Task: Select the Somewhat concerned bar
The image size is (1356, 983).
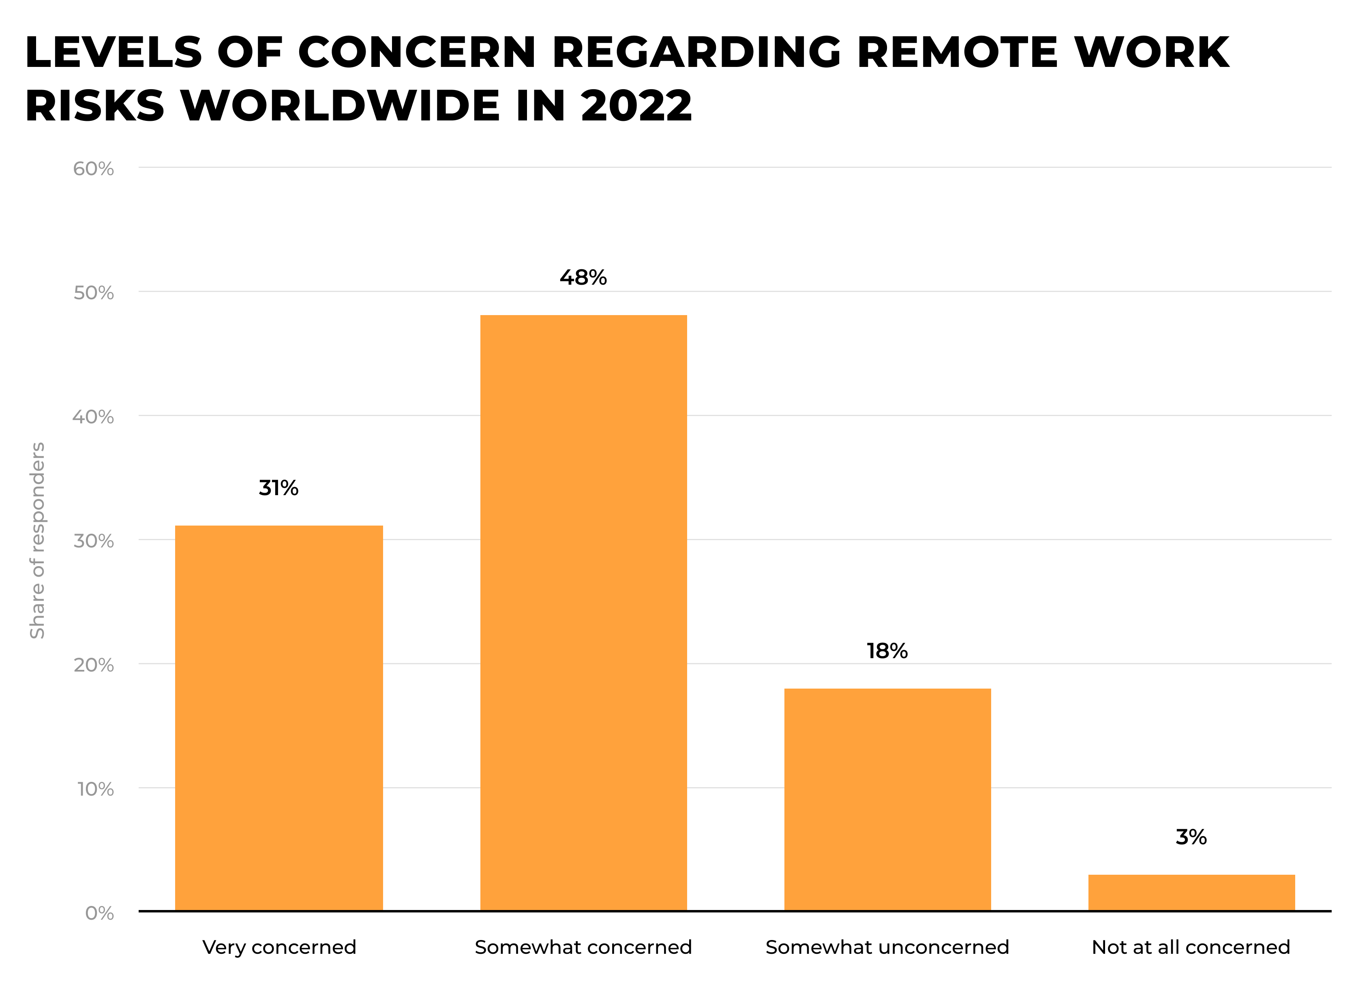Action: [x=583, y=612]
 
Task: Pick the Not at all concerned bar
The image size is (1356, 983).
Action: [x=1191, y=892]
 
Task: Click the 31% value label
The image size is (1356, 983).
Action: [x=278, y=488]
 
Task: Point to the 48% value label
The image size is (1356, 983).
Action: [x=583, y=277]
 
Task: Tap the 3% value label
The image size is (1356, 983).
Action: [x=1191, y=837]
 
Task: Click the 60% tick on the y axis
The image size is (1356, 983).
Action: [x=93, y=169]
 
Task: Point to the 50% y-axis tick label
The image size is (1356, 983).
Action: [x=93, y=293]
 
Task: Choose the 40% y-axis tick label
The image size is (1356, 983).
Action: [x=93, y=417]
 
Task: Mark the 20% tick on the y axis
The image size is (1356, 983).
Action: [x=93, y=665]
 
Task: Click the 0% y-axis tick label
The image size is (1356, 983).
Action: [x=99, y=913]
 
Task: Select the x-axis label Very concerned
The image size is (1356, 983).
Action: [x=279, y=947]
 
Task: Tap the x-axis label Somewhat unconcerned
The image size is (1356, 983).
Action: [x=887, y=947]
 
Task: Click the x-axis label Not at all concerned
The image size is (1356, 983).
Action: [x=1191, y=947]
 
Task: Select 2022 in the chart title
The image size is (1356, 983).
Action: [x=636, y=106]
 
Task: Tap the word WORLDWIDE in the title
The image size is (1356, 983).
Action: [x=340, y=106]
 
